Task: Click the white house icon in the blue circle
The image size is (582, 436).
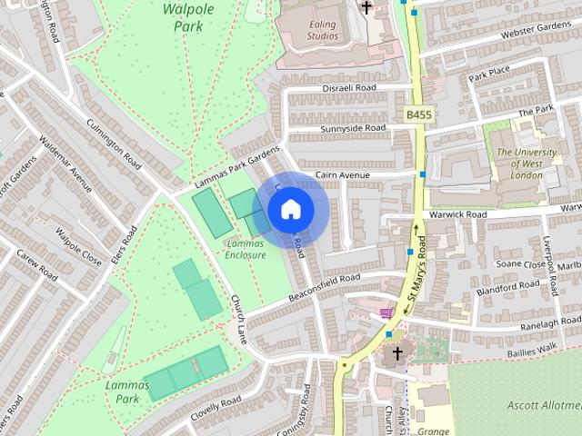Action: pyautogui.click(x=290, y=210)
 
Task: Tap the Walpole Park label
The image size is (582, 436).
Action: pyautogui.click(x=187, y=16)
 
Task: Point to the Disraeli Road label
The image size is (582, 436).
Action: pyautogui.click(x=349, y=88)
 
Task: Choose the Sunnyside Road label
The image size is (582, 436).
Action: pyautogui.click(x=353, y=130)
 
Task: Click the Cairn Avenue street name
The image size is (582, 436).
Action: pyautogui.click(x=343, y=174)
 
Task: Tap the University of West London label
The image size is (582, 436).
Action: pyautogui.click(x=527, y=164)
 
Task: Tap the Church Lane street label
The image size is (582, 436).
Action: pyautogui.click(x=239, y=318)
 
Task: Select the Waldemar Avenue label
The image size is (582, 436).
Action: pyautogui.click(x=65, y=166)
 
